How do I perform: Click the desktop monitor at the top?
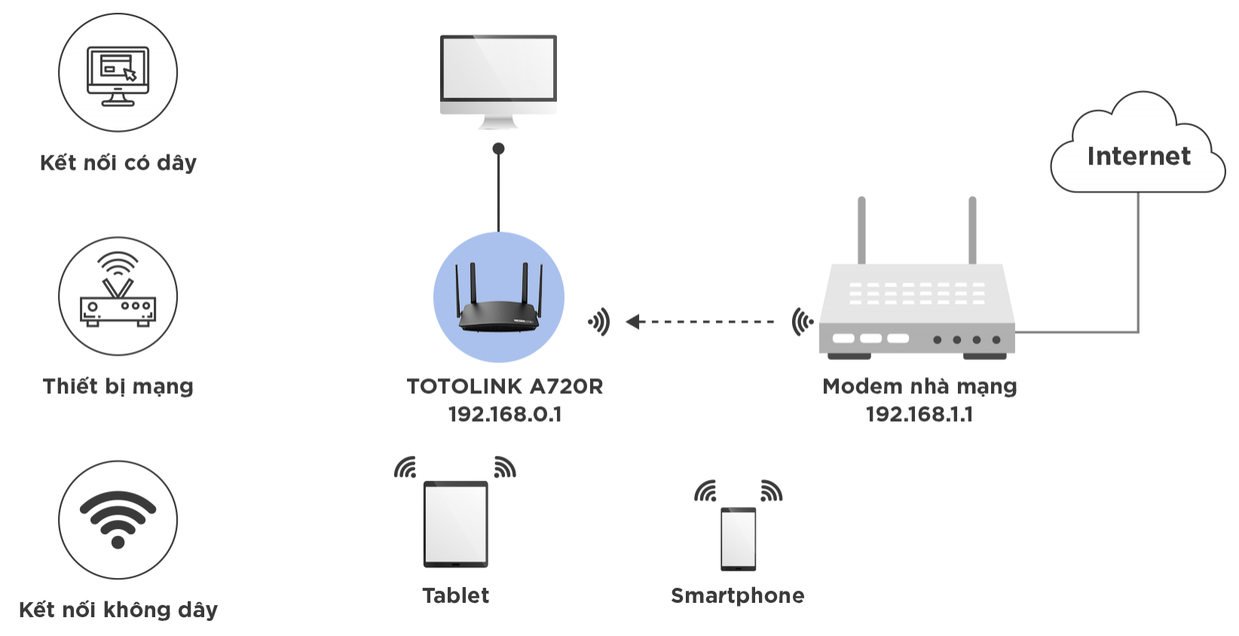pos(498,82)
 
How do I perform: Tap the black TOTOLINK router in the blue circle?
pos(498,298)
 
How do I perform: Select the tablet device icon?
pos(456,524)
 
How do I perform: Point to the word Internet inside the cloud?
pos(1139,157)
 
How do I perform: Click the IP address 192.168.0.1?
pos(505,414)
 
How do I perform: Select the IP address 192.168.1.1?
pos(919,414)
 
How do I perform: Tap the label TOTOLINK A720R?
pos(504,387)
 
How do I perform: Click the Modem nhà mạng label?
pos(919,387)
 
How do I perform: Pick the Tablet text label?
pos(456,595)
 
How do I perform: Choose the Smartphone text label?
pos(738,596)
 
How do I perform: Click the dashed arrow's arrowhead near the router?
pos(633,321)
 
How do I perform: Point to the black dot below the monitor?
pos(498,148)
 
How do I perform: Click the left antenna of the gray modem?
pos(861,231)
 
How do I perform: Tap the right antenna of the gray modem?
pos(972,231)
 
